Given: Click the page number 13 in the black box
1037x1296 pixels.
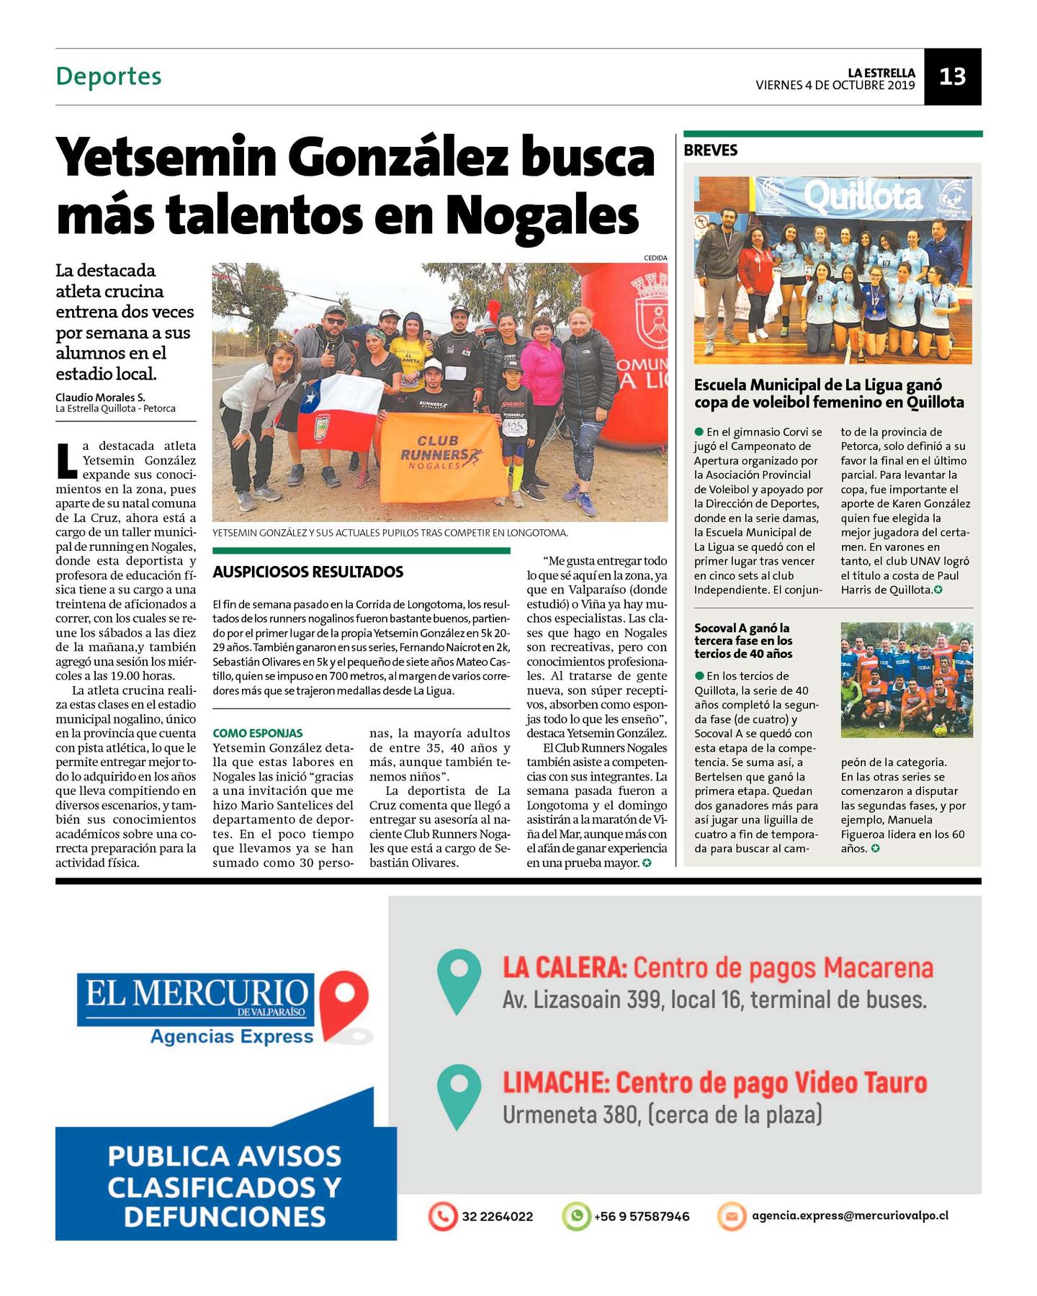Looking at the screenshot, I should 952,76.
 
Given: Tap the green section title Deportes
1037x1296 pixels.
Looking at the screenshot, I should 109,76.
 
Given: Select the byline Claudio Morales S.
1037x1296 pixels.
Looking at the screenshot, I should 100,397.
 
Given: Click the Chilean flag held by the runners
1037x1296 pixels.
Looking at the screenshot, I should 338,414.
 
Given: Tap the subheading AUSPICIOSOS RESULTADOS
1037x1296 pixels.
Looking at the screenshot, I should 307,572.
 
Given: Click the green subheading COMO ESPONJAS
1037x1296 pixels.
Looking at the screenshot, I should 257,733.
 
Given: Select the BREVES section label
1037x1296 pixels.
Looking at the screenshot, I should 710,150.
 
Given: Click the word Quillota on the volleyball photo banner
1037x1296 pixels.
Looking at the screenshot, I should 862,196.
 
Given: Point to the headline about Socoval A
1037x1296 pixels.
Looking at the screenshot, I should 743,641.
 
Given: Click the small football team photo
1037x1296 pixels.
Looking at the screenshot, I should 906,680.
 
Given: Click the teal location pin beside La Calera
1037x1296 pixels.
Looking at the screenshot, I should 459,980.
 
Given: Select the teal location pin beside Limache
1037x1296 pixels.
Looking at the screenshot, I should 459,1095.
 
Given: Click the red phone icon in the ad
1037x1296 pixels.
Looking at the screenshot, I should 442,1216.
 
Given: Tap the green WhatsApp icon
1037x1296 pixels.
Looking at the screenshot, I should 575,1216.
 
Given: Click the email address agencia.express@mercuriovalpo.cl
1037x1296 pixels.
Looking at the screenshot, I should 850,1215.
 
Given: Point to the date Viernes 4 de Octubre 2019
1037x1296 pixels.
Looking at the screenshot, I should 835,85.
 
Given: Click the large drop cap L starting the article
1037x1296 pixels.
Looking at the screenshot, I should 66,461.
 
